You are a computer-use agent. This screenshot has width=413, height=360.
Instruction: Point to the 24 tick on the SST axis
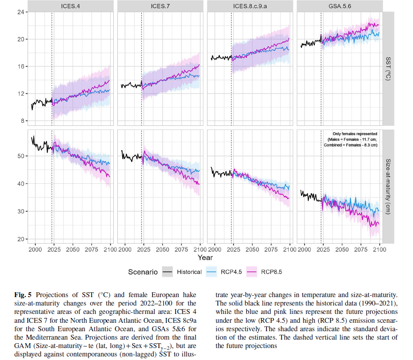tap(20, 12)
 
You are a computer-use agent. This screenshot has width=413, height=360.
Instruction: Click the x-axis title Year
tap(205, 258)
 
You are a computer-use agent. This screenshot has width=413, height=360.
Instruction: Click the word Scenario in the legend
tap(143, 272)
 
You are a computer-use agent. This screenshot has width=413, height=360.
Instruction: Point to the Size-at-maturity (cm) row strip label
tap(388, 186)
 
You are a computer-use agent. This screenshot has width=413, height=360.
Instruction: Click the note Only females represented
tap(355, 134)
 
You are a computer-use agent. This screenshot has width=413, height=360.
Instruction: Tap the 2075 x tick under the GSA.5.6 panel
tap(361, 250)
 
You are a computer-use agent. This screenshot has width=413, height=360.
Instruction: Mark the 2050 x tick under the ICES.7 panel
tap(162, 250)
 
